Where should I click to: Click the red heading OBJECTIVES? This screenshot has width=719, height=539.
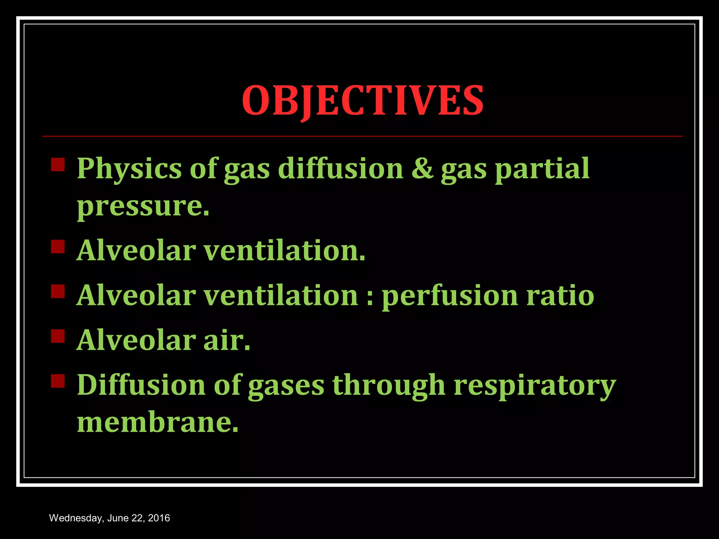(363, 101)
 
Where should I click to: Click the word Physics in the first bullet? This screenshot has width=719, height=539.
(129, 169)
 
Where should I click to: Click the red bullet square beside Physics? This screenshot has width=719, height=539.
(58, 165)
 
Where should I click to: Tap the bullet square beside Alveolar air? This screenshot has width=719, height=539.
(58, 336)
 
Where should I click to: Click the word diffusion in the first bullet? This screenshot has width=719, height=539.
(341, 169)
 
